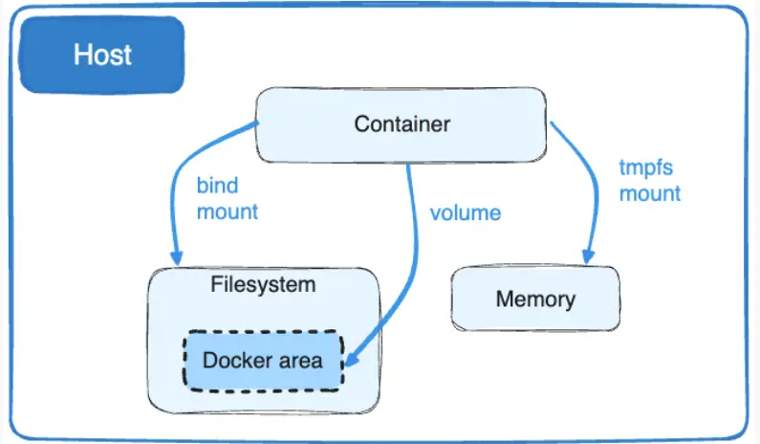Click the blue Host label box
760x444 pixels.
coord(101,55)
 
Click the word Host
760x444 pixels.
coord(102,55)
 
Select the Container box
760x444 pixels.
coord(402,124)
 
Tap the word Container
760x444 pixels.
coord(402,124)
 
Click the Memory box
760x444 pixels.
coord(535,299)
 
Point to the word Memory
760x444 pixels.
coord(535,299)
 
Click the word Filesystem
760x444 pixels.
coord(263,284)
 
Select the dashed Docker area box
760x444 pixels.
coord(263,361)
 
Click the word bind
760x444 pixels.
coord(218,186)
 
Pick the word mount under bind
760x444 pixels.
coord(228,212)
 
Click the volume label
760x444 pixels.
coord(466,213)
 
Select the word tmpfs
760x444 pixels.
coord(646,168)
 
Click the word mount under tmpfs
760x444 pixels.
coord(650,193)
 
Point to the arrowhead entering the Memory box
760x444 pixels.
coord(588,257)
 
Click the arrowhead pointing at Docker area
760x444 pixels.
coord(351,360)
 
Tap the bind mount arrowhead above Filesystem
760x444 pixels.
coord(176,257)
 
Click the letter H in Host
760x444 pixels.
coord(81,55)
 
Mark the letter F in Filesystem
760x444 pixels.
coord(217,284)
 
